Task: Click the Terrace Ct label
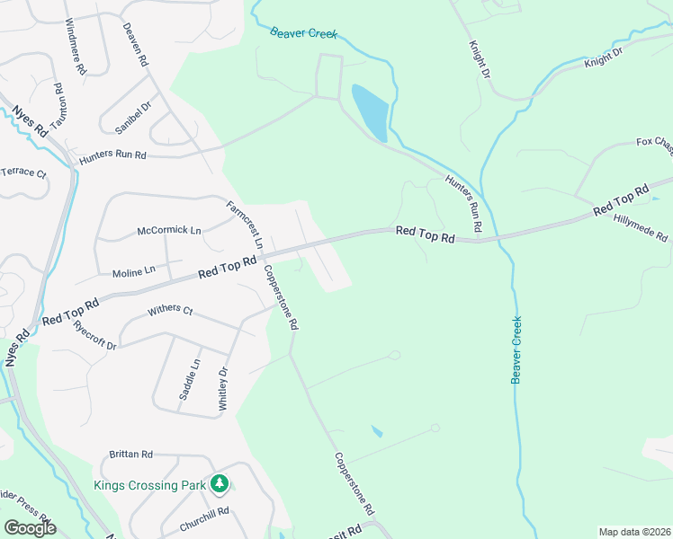tap(22, 172)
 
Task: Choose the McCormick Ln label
tap(169, 231)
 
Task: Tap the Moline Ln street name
tap(134, 271)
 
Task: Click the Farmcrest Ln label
tap(245, 225)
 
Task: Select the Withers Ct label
tap(170, 311)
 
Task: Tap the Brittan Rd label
tap(131, 455)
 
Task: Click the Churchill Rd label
tap(204, 512)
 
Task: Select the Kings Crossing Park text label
tap(150, 485)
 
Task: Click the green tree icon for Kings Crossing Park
tap(220, 484)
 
